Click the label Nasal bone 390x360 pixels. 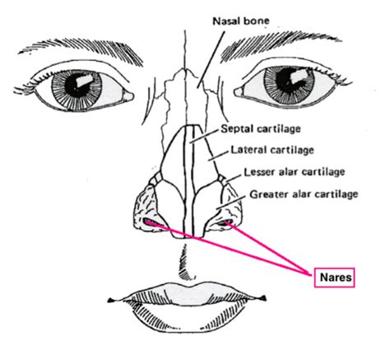click(x=241, y=21)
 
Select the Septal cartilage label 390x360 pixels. click(x=261, y=129)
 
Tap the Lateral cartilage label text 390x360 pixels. click(x=272, y=150)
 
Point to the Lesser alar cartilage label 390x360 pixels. click(x=295, y=172)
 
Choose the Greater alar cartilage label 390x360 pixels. click(x=304, y=194)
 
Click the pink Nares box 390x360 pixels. click(x=335, y=278)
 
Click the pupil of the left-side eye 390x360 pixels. click(x=75, y=88)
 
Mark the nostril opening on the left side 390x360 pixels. click(x=151, y=222)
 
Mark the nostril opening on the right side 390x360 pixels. click(x=225, y=222)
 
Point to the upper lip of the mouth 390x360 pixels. click(x=188, y=294)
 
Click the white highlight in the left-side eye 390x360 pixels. click(x=85, y=80)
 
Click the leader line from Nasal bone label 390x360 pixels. click(x=211, y=59)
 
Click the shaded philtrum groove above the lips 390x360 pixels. click(x=186, y=263)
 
